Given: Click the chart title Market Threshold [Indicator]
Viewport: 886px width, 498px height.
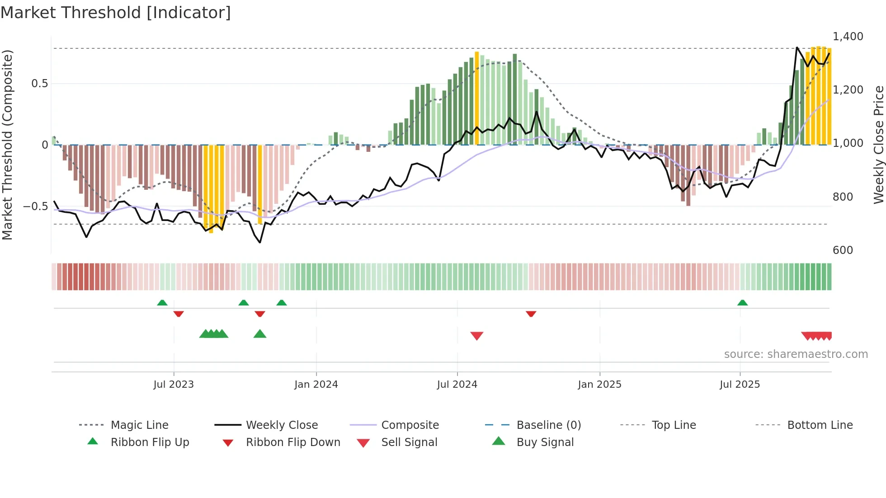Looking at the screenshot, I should tap(116, 13).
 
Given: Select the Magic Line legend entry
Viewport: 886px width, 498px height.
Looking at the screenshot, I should tap(139, 425).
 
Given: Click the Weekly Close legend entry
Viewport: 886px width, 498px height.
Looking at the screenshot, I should tap(282, 425).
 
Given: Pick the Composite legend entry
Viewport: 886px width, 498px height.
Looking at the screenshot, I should tap(410, 425).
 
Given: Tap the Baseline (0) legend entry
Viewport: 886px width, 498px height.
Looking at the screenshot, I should tap(548, 425).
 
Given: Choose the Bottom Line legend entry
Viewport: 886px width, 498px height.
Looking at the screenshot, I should tap(820, 425).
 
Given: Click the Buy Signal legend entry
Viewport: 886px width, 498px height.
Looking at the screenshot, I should tap(545, 442).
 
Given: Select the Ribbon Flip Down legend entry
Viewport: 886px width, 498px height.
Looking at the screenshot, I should tap(292, 442).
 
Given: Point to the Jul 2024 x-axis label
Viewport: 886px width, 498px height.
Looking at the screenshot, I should tap(457, 384).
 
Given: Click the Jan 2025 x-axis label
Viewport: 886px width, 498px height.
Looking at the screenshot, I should tap(599, 384).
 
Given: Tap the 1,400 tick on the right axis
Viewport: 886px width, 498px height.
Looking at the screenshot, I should tap(848, 36).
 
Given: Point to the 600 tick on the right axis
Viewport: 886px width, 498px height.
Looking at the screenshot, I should tap(843, 250).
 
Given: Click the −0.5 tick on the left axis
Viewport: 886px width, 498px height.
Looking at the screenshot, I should tap(35, 206).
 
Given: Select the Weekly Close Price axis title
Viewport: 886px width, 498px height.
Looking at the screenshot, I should tap(878, 145).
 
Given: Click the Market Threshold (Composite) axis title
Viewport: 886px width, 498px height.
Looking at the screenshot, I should tap(7, 145).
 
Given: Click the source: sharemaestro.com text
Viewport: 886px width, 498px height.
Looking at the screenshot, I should tap(796, 354).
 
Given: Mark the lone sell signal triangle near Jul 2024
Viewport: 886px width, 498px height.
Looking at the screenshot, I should tap(477, 336).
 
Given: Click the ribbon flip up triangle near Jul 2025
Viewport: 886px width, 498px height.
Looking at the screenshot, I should tap(742, 303).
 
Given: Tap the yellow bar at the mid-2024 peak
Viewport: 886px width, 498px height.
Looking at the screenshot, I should tap(476, 98).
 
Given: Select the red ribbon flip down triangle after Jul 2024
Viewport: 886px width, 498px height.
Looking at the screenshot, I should tap(531, 314).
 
